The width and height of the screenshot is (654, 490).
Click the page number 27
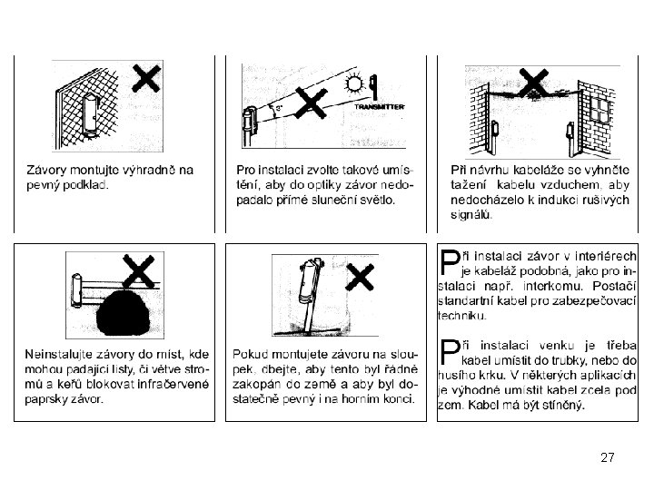pyautogui.click(x=608, y=457)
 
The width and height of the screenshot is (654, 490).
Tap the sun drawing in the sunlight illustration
pyautogui.click(x=354, y=83)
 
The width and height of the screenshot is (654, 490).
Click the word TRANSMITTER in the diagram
pyautogui.click(x=380, y=107)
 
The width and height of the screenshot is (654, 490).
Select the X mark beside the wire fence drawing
pyautogui.click(x=146, y=78)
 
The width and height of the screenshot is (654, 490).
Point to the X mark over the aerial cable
pyautogui.click(x=533, y=83)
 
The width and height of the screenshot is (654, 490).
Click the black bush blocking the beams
pyautogui.click(x=123, y=313)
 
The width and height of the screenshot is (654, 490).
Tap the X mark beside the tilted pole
pyautogui.click(x=360, y=277)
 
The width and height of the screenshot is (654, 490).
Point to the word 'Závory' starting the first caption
pyautogui.click(x=46, y=170)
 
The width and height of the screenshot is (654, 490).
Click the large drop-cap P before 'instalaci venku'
pyautogui.click(x=449, y=352)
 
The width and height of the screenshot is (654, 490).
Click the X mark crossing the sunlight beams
pyautogui.click(x=311, y=103)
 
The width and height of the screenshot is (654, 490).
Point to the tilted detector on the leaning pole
pyautogui.click(x=309, y=281)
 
